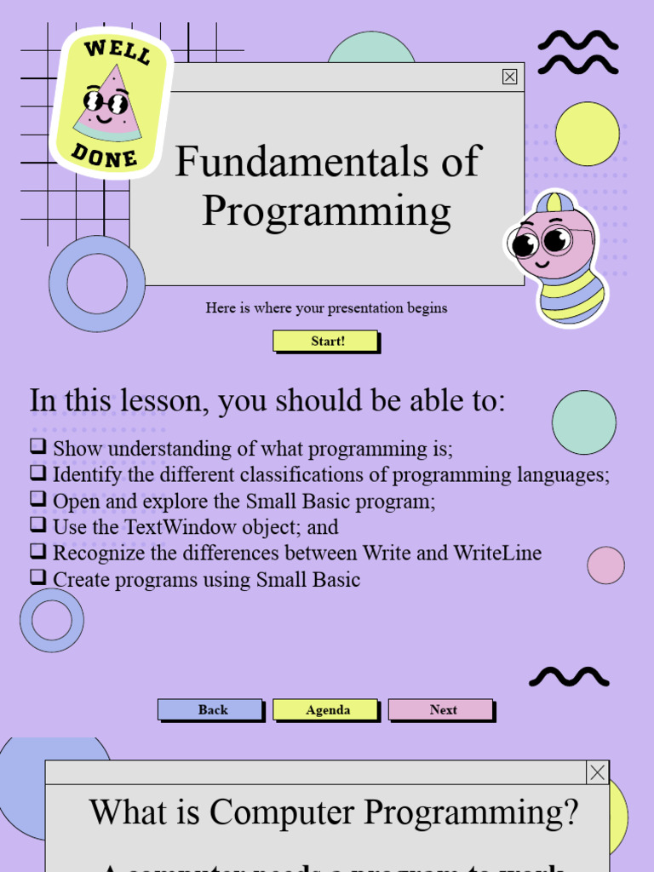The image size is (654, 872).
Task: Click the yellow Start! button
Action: click(x=325, y=341)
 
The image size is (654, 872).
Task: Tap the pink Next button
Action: click(x=441, y=709)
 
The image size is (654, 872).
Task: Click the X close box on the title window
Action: click(x=509, y=77)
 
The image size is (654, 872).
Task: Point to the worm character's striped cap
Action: click(x=554, y=203)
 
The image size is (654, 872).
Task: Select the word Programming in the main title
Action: click(x=326, y=211)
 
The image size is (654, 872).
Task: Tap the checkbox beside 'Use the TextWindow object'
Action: click(x=37, y=525)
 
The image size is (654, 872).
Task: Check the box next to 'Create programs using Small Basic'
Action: click(x=37, y=578)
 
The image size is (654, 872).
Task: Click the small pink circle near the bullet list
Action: click(x=605, y=565)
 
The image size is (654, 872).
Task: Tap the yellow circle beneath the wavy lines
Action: click(x=587, y=134)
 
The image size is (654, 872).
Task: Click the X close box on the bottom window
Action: click(x=598, y=772)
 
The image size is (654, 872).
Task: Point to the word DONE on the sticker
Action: click(x=104, y=155)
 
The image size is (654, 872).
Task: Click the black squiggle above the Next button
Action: click(x=569, y=677)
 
